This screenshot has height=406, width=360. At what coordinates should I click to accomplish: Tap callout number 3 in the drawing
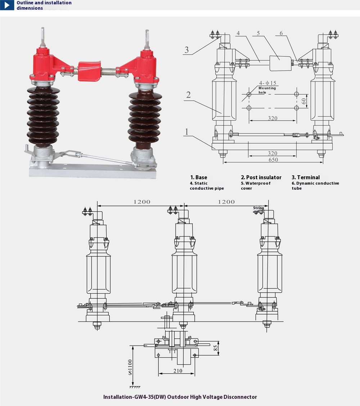186,50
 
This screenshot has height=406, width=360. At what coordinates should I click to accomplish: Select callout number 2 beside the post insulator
188,95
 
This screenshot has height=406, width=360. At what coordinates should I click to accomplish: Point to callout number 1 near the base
186,132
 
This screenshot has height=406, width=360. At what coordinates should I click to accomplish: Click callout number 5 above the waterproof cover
258,33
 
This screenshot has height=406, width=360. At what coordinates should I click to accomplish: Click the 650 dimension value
273,159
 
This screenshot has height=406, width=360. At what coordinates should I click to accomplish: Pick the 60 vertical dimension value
304,101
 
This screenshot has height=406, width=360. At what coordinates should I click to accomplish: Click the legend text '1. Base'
199,177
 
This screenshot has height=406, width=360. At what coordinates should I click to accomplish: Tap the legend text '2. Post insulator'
261,177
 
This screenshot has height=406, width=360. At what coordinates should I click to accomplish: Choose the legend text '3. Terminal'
306,177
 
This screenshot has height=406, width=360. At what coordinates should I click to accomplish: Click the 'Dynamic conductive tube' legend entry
315,186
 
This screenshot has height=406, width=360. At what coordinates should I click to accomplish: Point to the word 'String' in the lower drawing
258,208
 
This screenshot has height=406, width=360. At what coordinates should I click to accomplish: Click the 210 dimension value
177,370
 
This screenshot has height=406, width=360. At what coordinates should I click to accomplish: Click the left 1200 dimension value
142,202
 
